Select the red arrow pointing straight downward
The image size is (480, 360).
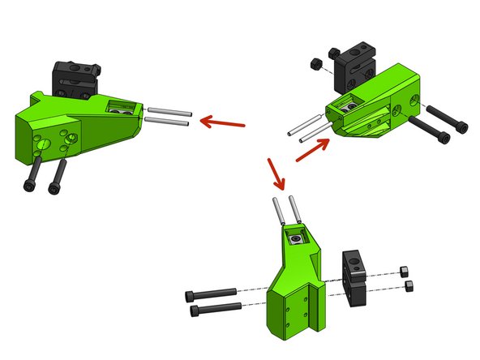[x=275, y=173]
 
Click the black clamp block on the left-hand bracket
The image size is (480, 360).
[x=75, y=77]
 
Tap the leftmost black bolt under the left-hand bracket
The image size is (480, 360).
[x=33, y=172]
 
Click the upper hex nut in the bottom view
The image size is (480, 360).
[x=405, y=272]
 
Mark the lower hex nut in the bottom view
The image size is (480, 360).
[x=408, y=285]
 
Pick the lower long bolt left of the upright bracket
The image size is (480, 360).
[x=216, y=308]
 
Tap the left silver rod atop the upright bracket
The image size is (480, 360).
[x=278, y=213]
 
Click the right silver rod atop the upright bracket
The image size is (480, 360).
[x=298, y=210]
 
